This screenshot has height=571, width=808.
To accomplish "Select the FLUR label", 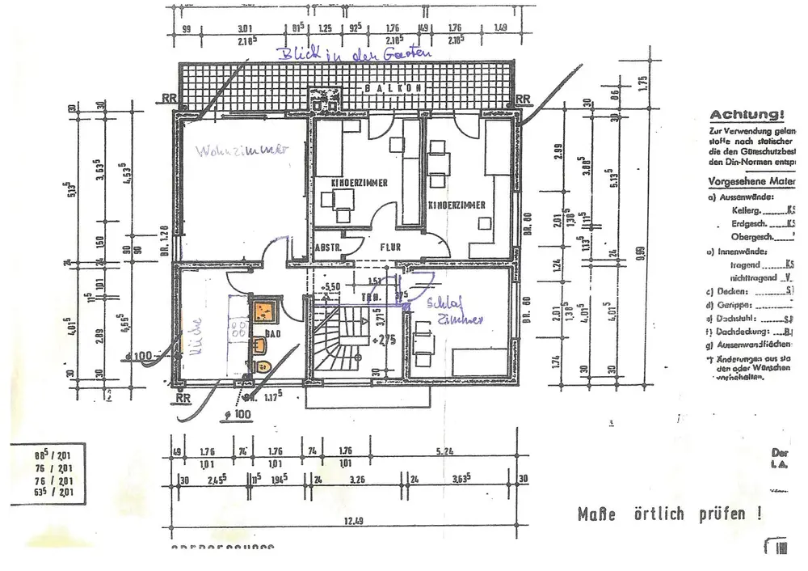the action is click(x=392, y=242).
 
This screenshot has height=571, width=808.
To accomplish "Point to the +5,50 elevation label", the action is click(x=333, y=286).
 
